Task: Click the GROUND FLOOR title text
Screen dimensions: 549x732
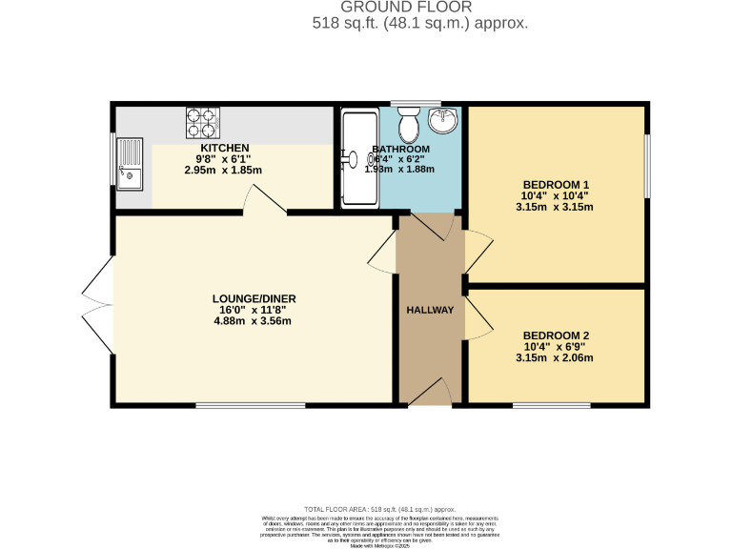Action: (x=420, y=8)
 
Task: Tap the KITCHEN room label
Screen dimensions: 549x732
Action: (x=223, y=148)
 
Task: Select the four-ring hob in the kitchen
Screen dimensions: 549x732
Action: (x=202, y=123)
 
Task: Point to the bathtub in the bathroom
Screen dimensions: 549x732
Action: (x=359, y=157)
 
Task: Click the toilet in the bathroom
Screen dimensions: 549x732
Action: (x=410, y=125)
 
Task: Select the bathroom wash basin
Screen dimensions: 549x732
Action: (x=443, y=121)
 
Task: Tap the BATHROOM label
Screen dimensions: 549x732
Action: (x=401, y=150)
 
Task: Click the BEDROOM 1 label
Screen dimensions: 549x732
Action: (x=557, y=185)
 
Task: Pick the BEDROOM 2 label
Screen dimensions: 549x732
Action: (x=557, y=335)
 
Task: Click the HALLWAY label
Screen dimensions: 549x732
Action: (x=430, y=310)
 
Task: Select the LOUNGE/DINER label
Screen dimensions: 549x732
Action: (x=254, y=298)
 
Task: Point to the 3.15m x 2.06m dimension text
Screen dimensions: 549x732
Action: (x=555, y=358)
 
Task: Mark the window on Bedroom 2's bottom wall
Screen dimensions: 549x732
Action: (x=551, y=406)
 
